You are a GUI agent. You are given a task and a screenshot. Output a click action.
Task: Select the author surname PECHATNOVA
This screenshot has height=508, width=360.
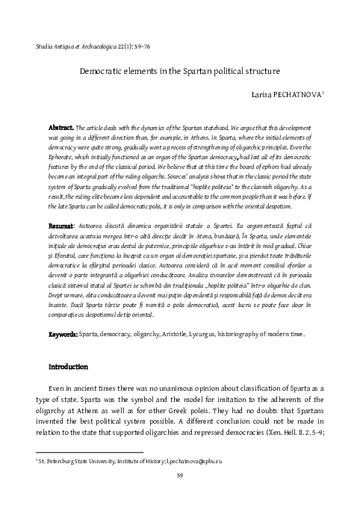click(x=296, y=94)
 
